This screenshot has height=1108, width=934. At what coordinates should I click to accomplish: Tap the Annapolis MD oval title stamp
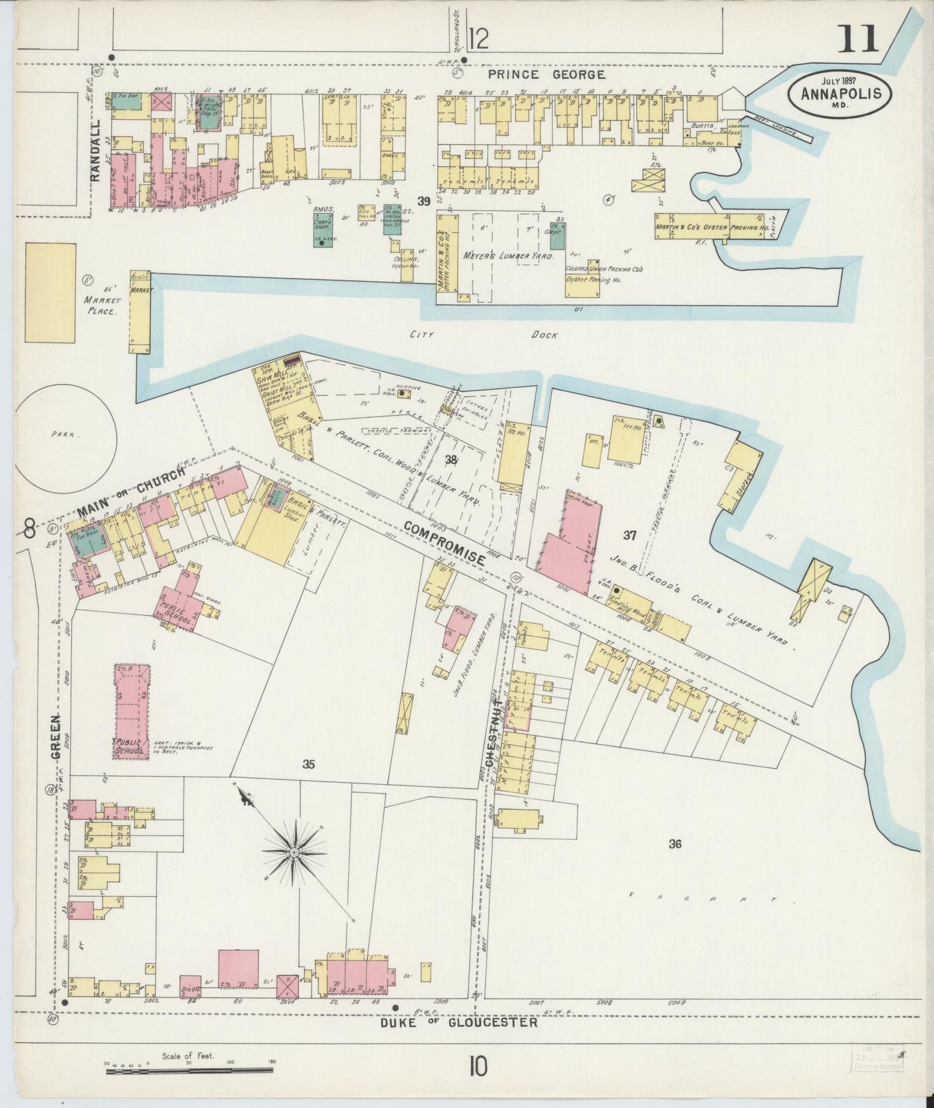pyautogui.click(x=839, y=92)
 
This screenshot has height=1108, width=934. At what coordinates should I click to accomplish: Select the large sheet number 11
pyautogui.click(x=859, y=39)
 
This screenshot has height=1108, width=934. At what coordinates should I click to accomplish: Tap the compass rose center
pyautogui.click(x=294, y=853)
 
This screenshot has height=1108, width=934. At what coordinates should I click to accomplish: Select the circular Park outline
pyautogui.click(x=65, y=436)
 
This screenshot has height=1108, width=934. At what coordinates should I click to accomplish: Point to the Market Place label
pyautogui.click(x=101, y=305)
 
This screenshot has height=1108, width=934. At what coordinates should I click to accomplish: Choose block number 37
pyautogui.click(x=630, y=535)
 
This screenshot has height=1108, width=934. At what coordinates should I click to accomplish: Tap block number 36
pyautogui.click(x=675, y=844)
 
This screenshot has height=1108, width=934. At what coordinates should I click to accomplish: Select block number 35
pyautogui.click(x=308, y=765)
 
